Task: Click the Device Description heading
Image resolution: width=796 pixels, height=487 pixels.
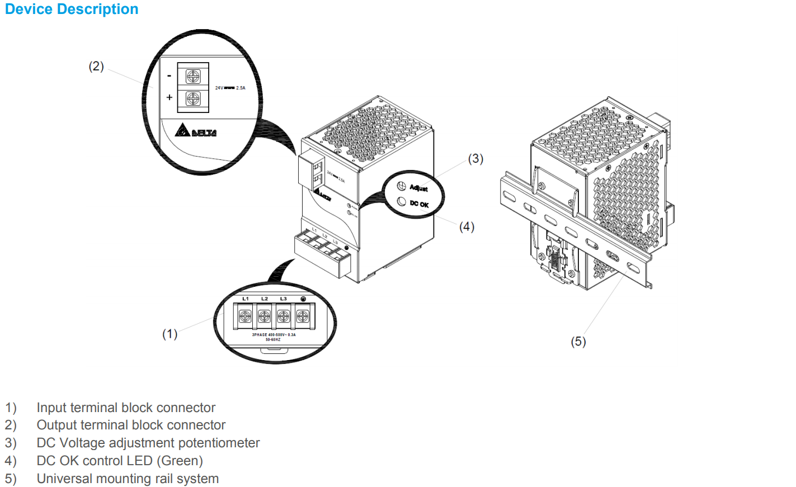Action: point(72,10)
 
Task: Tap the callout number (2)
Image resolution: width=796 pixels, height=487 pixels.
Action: point(96,67)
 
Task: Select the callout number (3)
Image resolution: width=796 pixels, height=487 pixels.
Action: point(475,159)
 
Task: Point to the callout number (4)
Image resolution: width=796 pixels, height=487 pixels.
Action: point(467,226)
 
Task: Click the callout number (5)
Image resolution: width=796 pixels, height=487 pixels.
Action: point(578,342)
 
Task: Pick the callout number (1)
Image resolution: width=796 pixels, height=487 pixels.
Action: point(169,334)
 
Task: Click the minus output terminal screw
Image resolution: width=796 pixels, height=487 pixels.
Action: point(193,76)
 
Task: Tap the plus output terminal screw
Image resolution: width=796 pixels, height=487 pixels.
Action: point(193,99)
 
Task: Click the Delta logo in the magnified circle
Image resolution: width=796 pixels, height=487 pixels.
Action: point(196,131)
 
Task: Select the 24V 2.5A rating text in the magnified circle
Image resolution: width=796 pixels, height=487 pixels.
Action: point(230,88)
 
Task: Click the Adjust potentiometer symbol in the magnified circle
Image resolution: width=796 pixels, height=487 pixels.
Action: point(401,186)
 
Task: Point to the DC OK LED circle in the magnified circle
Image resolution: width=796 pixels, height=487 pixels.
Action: point(401,201)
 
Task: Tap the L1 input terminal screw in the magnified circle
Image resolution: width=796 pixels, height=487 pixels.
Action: point(245,316)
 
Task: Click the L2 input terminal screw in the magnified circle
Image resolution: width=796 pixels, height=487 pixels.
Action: point(264,316)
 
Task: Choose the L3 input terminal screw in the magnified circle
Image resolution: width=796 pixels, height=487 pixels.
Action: point(283,316)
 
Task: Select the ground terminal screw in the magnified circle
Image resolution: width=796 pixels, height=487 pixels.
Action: point(303,316)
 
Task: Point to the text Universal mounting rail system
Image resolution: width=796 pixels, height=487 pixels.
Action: point(128,479)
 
